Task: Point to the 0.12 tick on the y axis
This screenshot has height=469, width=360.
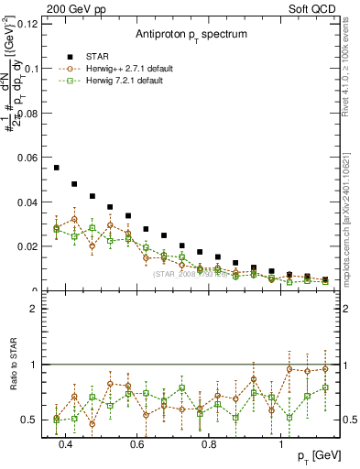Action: [x=27, y=24]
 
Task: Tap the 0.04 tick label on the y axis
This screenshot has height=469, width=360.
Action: [x=27, y=202]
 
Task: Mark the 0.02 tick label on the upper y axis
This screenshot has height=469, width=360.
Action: [x=27, y=246]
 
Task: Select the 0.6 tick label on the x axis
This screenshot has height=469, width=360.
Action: [x=136, y=446]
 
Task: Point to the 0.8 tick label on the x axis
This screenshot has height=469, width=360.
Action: [x=209, y=446]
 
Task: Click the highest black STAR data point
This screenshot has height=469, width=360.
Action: [x=57, y=168]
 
